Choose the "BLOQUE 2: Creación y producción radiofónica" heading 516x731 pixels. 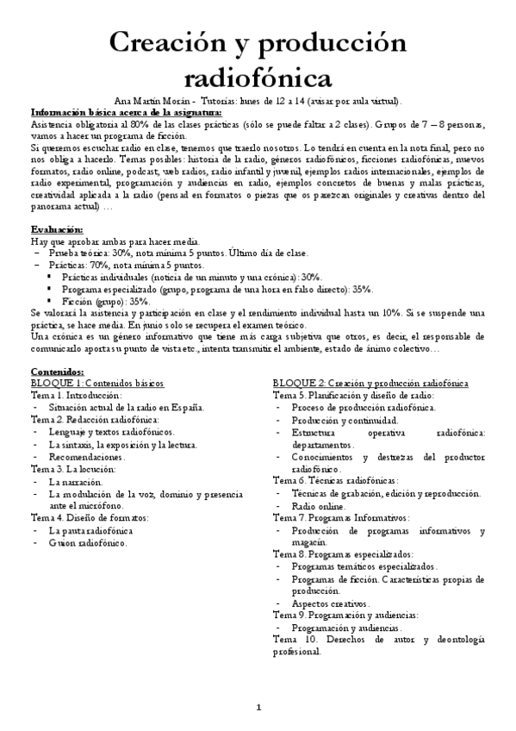point(370,381)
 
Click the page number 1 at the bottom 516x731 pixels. point(258,708)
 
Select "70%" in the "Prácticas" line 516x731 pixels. point(102,266)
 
